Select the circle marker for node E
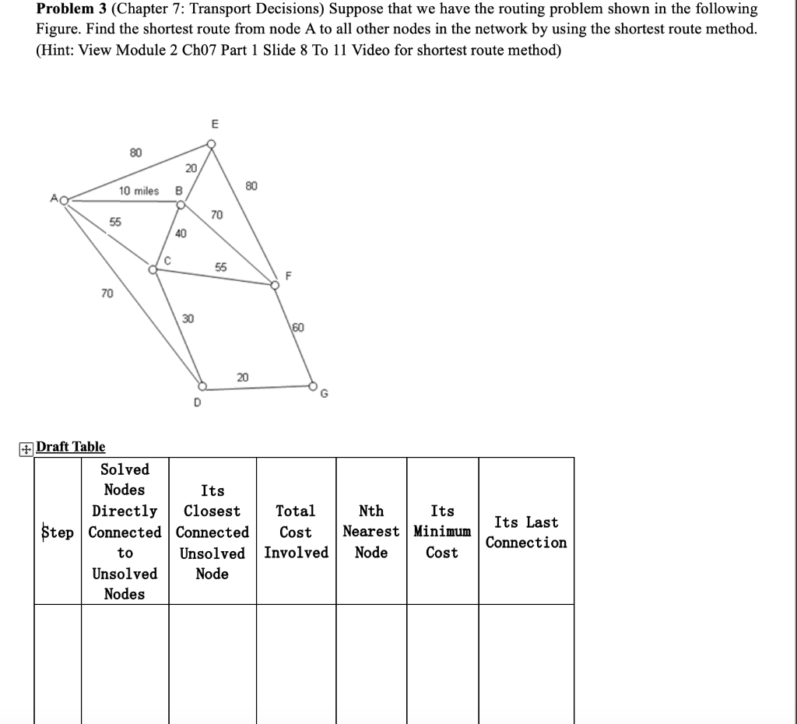coord(211,143)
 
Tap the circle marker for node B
coord(181,206)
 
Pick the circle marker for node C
coord(153,269)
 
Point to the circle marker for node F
coord(274,285)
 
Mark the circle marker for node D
coord(202,385)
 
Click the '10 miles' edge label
coord(139,191)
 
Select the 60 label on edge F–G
coord(299,328)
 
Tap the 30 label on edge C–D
coord(188,318)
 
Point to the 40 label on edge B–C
coord(181,233)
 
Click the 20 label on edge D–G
coord(243,377)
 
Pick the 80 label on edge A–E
coord(135,153)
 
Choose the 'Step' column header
coord(58,532)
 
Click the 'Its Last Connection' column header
coord(526,532)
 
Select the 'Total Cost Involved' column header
coord(296,532)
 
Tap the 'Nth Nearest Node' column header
coord(371,532)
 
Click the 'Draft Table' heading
coord(71,447)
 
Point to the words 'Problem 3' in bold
coord(71,9)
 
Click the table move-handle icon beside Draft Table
coord(26,448)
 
